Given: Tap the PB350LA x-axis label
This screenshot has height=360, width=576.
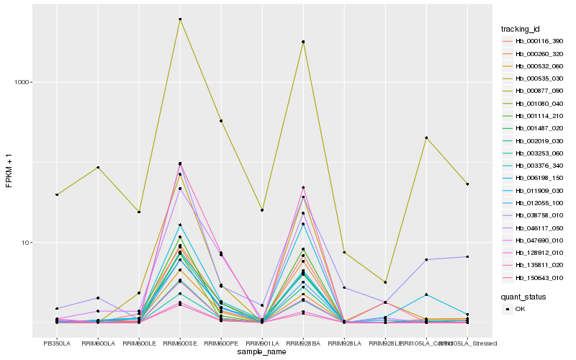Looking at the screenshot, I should click(57, 343).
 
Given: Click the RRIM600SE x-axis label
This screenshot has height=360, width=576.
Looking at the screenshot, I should click(180, 343).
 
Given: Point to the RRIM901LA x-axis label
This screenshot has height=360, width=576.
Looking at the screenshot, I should click(262, 343).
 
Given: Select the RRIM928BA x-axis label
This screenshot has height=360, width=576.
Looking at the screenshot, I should click(303, 343).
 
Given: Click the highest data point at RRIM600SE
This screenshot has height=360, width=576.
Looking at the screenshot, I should click(180, 19).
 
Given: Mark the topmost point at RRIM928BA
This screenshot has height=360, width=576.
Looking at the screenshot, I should click(303, 42).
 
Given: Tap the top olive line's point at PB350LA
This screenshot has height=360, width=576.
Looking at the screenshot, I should click(57, 194).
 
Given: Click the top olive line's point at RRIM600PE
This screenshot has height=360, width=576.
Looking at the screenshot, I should click(221, 121).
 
